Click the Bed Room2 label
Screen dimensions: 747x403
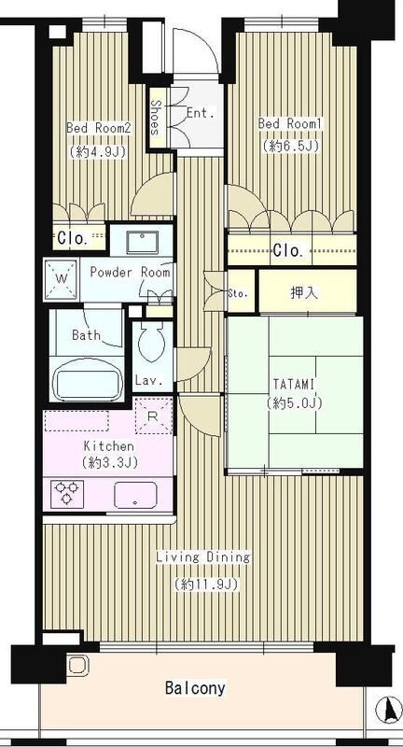95,128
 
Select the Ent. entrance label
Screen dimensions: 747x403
200,113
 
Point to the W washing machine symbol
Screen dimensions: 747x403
61,277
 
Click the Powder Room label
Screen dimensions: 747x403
130,273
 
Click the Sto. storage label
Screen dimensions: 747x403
238,293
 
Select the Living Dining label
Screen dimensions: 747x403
202,557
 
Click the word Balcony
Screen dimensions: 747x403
195,689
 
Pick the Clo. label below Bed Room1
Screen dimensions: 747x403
286,249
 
